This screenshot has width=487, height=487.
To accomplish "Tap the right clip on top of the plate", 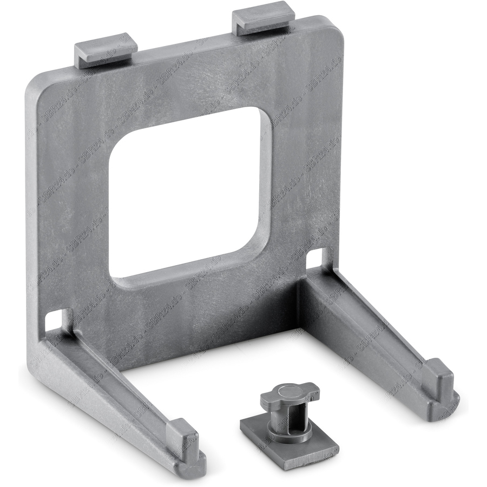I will click(263, 21).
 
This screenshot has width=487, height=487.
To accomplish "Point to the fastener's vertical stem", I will click(285, 417).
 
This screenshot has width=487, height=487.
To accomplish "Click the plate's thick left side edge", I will click(32, 216).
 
